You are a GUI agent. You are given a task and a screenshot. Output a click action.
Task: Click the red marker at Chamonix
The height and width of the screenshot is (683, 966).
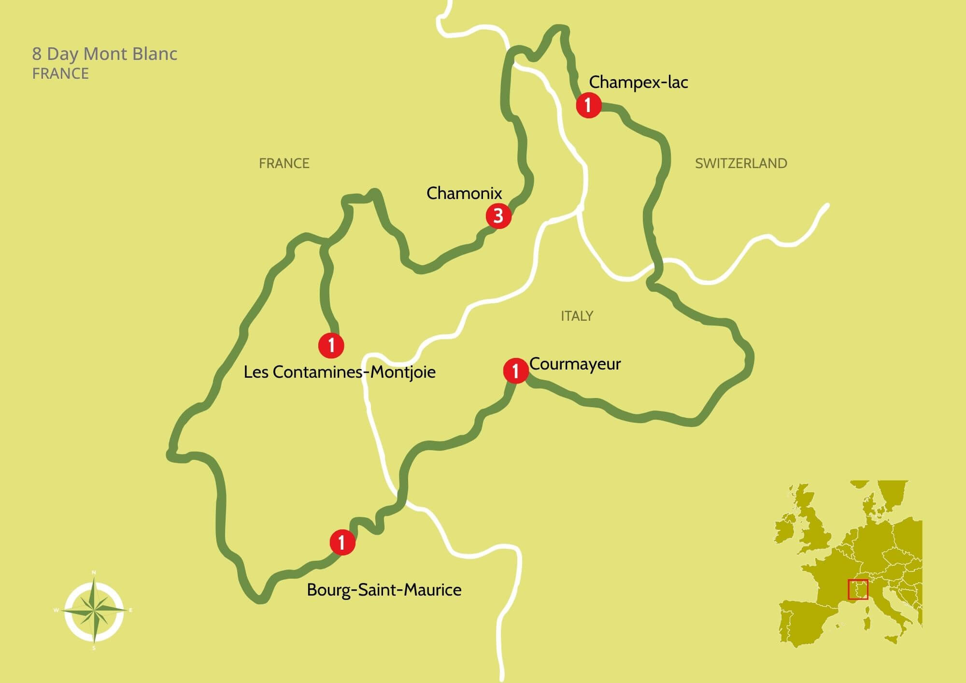pos(498,216)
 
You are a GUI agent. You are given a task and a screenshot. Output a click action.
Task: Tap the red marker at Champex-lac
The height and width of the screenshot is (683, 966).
pos(588,105)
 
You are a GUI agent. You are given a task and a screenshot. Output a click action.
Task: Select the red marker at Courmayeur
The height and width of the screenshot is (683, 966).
pos(515,371)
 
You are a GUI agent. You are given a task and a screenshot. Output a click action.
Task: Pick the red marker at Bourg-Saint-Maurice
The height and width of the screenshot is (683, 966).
pos(342,542)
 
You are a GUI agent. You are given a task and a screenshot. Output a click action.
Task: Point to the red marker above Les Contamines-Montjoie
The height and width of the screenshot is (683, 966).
pos(331,345)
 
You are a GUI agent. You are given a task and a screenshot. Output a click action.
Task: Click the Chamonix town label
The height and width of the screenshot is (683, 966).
pos(464,193)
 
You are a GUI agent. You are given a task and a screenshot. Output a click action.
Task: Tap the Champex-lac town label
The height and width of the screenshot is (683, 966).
pos(638,82)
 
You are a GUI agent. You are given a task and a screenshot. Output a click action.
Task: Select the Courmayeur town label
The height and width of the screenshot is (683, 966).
pos(575,364)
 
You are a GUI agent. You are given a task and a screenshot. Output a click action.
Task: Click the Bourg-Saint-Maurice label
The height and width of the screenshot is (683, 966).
pos(384,590)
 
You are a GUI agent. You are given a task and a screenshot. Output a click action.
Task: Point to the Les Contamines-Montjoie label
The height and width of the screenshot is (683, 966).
pos(340,372)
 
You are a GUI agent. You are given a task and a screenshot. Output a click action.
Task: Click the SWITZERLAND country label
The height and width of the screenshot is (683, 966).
pos(741,163)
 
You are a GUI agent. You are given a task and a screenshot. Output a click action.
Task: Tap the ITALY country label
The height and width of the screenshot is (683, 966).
pos(577,316)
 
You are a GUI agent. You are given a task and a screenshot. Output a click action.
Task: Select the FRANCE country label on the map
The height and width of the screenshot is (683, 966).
pos(284,163)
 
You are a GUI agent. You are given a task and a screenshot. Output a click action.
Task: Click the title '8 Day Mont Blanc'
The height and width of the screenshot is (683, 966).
pos(105,54)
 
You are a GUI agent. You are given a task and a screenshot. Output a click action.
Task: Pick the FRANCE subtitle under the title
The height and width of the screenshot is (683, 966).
pos(60,74)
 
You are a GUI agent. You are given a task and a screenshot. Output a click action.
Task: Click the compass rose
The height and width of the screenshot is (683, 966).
pos(94,611)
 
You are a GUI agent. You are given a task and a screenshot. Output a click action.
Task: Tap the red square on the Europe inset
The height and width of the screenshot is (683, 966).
pos(858,590)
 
